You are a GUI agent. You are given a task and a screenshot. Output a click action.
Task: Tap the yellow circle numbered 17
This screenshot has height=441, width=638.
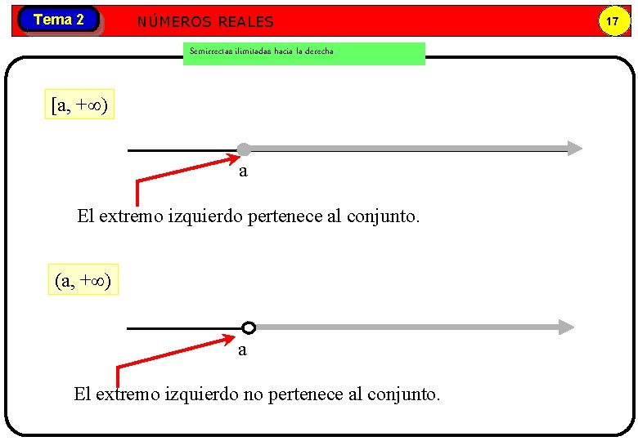point(611,21)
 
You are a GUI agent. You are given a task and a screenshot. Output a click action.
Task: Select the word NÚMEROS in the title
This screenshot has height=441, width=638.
point(170,22)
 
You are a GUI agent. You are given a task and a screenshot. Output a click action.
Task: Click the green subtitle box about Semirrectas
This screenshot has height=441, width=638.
point(303,53)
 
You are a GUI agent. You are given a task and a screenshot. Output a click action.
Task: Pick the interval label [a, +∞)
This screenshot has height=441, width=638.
point(80,105)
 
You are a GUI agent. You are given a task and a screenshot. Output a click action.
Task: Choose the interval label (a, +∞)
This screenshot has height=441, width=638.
point(84,280)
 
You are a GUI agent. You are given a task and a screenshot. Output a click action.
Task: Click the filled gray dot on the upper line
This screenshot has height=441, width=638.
point(244,149)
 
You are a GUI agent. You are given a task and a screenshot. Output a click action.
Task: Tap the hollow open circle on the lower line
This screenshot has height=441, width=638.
point(249,327)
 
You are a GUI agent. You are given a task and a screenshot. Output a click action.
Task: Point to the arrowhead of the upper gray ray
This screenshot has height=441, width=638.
point(575,149)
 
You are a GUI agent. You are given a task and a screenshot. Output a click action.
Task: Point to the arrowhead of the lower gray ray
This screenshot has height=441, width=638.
point(566,327)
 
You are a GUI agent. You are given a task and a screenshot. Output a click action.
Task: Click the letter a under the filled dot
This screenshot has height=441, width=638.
point(243,171)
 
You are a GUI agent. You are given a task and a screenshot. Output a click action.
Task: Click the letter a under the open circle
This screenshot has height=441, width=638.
point(242,350)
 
